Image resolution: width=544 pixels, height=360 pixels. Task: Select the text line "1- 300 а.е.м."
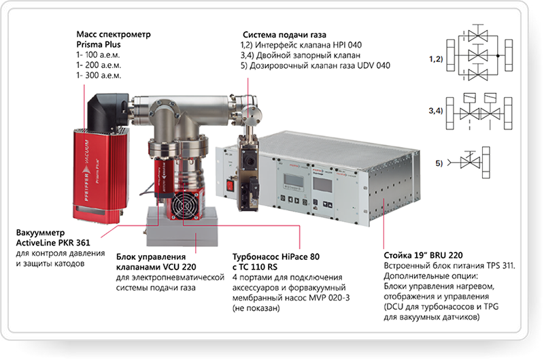[98, 76]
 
